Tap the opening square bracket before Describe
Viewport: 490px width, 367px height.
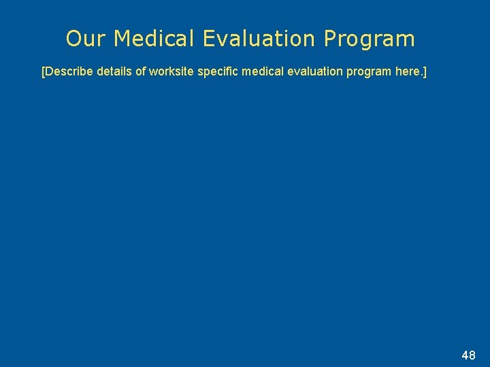pyautogui.click(x=43, y=71)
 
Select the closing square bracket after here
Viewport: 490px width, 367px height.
pyautogui.click(x=425, y=71)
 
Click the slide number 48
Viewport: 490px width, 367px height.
pyautogui.click(x=468, y=355)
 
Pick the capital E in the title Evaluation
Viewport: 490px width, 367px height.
pyautogui.click(x=210, y=39)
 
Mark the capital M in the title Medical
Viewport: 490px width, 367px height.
pyautogui.click(x=122, y=39)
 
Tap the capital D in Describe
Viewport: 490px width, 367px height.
pyautogui.click(x=49, y=71)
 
